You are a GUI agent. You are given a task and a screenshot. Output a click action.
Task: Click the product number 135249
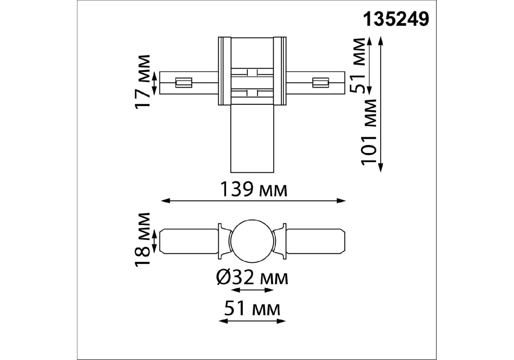click(x=396, y=20)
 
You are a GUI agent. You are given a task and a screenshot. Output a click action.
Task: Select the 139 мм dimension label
click(x=254, y=190)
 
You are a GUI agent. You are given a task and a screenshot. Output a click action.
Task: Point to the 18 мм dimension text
click(x=142, y=239)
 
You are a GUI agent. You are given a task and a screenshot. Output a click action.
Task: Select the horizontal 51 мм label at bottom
click(x=252, y=309)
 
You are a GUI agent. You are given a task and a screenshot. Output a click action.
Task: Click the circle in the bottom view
click(x=252, y=242)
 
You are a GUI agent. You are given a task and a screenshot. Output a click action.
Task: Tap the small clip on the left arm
click(x=183, y=82)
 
